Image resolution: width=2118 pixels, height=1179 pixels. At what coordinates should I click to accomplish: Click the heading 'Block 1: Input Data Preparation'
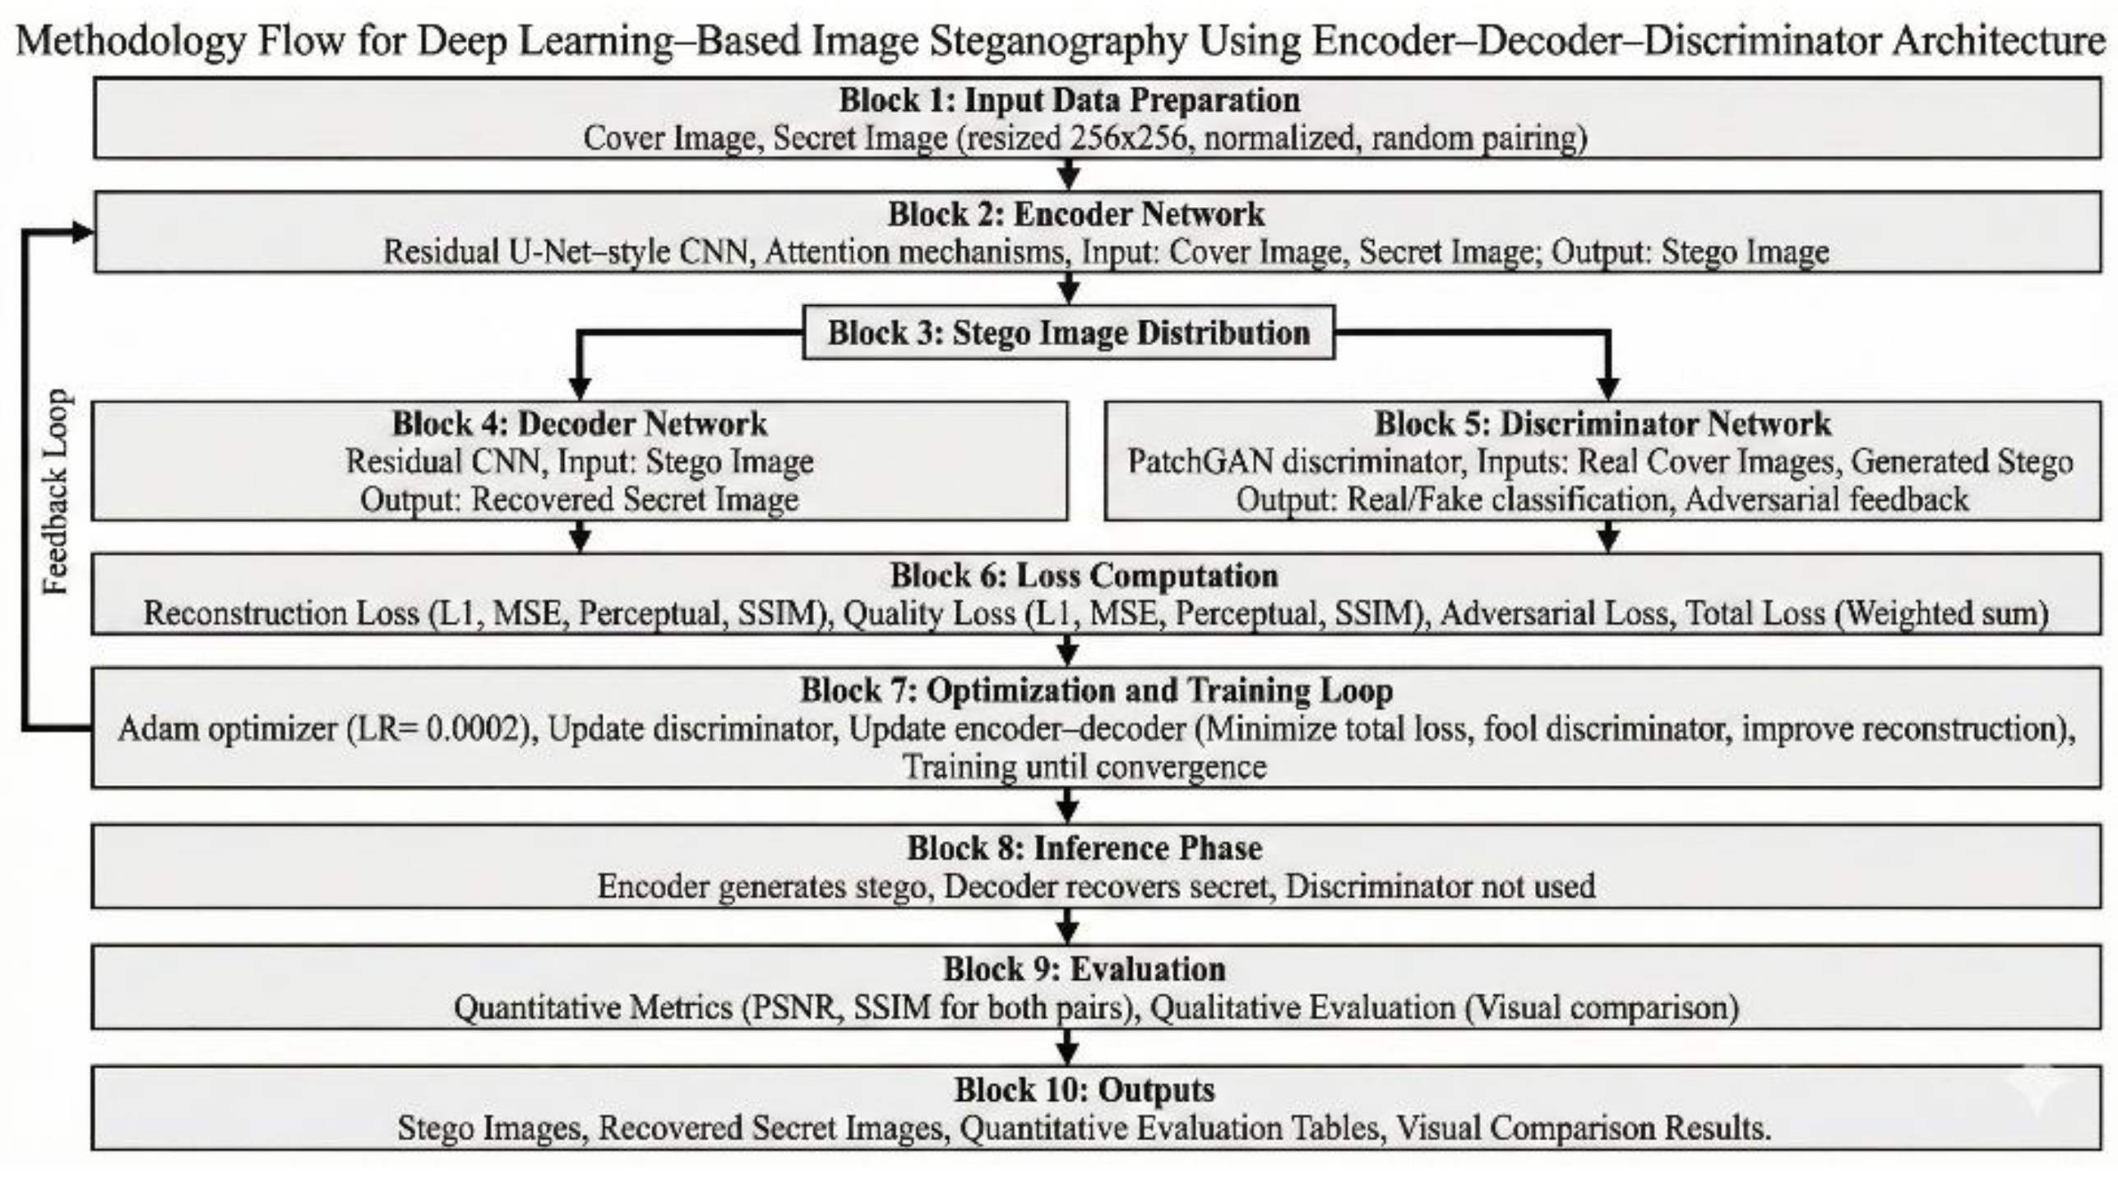pyautogui.click(x=1069, y=100)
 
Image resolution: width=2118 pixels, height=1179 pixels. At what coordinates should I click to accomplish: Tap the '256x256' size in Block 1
pyautogui.click(x=1128, y=138)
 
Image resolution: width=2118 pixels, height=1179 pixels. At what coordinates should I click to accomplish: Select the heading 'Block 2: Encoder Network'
pyautogui.click(x=1075, y=215)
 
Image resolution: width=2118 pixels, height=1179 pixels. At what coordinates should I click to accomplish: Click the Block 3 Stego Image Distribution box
pyautogui.click(x=1068, y=333)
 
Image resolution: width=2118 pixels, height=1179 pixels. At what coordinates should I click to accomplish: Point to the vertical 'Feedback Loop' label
pyautogui.click(x=56, y=492)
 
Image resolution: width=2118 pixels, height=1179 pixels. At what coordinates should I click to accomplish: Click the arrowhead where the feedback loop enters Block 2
pyautogui.click(x=82, y=233)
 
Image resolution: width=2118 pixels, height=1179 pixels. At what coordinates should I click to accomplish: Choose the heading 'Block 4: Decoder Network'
pyautogui.click(x=580, y=424)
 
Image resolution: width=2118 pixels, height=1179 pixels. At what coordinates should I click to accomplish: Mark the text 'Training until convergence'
pyautogui.click(x=1084, y=767)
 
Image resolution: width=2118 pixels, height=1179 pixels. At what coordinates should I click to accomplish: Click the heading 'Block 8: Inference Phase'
pyautogui.click(x=1084, y=848)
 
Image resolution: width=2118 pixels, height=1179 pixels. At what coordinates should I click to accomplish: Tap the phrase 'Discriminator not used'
pyautogui.click(x=1440, y=887)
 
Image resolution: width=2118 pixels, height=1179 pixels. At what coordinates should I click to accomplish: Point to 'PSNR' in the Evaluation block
pyautogui.click(x=793, y=1008)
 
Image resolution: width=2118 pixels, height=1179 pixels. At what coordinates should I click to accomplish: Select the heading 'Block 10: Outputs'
pyautogui.click(x=1084, y=1090)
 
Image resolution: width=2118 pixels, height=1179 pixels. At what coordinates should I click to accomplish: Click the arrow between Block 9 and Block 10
pyautogui.click(x=1067, y=1048)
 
